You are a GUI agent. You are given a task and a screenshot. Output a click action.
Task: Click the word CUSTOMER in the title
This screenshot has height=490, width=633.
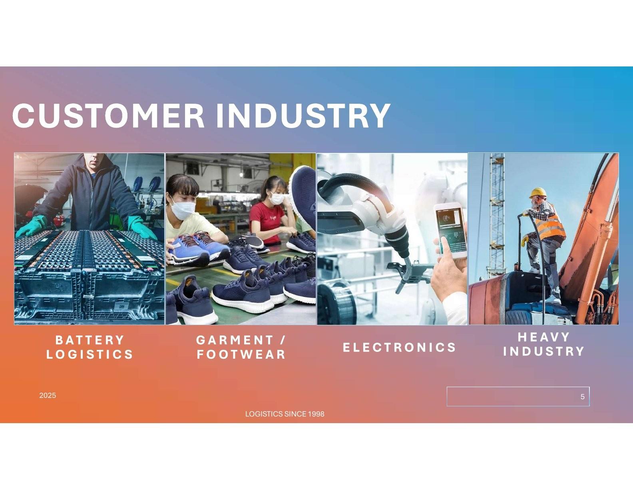[x=108, y=115]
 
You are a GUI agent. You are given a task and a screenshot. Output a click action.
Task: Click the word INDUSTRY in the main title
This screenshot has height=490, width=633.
[x=303, y=115]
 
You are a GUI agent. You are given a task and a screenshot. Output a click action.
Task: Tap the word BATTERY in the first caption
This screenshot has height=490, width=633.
[x=90, y=340]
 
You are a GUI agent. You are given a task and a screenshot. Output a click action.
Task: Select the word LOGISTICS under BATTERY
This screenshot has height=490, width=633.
[x=90, y=354]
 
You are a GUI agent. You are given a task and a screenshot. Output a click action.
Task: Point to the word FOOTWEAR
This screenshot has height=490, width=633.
[x=241, y=354]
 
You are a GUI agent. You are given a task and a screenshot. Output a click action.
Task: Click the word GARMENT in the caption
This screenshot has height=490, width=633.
[x=235, y=340]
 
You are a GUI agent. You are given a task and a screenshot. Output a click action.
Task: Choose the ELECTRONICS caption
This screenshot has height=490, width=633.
[x=399, y=347]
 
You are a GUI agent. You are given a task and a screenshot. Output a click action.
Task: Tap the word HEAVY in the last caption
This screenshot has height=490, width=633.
[x=543, y=337]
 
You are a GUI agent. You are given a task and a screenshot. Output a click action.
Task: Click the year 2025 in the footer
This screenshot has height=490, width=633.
[x=48, y=396]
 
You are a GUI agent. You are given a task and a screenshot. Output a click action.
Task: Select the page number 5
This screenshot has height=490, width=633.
[x=583, y=396]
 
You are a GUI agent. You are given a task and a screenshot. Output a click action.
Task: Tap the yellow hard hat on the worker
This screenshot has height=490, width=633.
[x=538, y=193]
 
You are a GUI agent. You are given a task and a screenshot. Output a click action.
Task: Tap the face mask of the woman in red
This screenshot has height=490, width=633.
[x=277, y=199]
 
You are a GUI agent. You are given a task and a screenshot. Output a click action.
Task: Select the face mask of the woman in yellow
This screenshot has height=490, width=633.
[x=183, y=209]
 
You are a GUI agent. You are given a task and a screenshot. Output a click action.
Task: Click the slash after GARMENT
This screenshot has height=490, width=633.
[x=283, y=340]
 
